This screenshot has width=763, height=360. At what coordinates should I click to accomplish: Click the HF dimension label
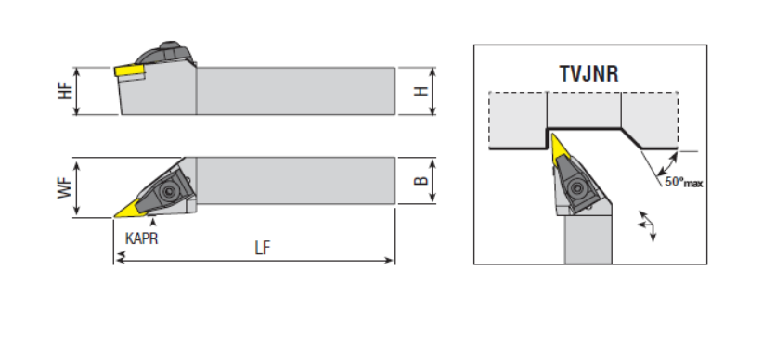tap(65, 91)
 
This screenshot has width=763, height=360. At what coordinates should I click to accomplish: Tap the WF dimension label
tap(65, 187)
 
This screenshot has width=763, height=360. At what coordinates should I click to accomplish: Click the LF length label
tap(263, 248)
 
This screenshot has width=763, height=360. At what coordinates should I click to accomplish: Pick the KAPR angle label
tap(142, 238)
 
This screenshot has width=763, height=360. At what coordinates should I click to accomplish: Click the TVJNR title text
tap(588, 74)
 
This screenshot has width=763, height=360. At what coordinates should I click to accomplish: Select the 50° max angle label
tap(684, 183)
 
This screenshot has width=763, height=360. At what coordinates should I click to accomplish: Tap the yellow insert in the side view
tap(130, 71)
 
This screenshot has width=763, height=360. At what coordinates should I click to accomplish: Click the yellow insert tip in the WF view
tap(116, 216)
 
